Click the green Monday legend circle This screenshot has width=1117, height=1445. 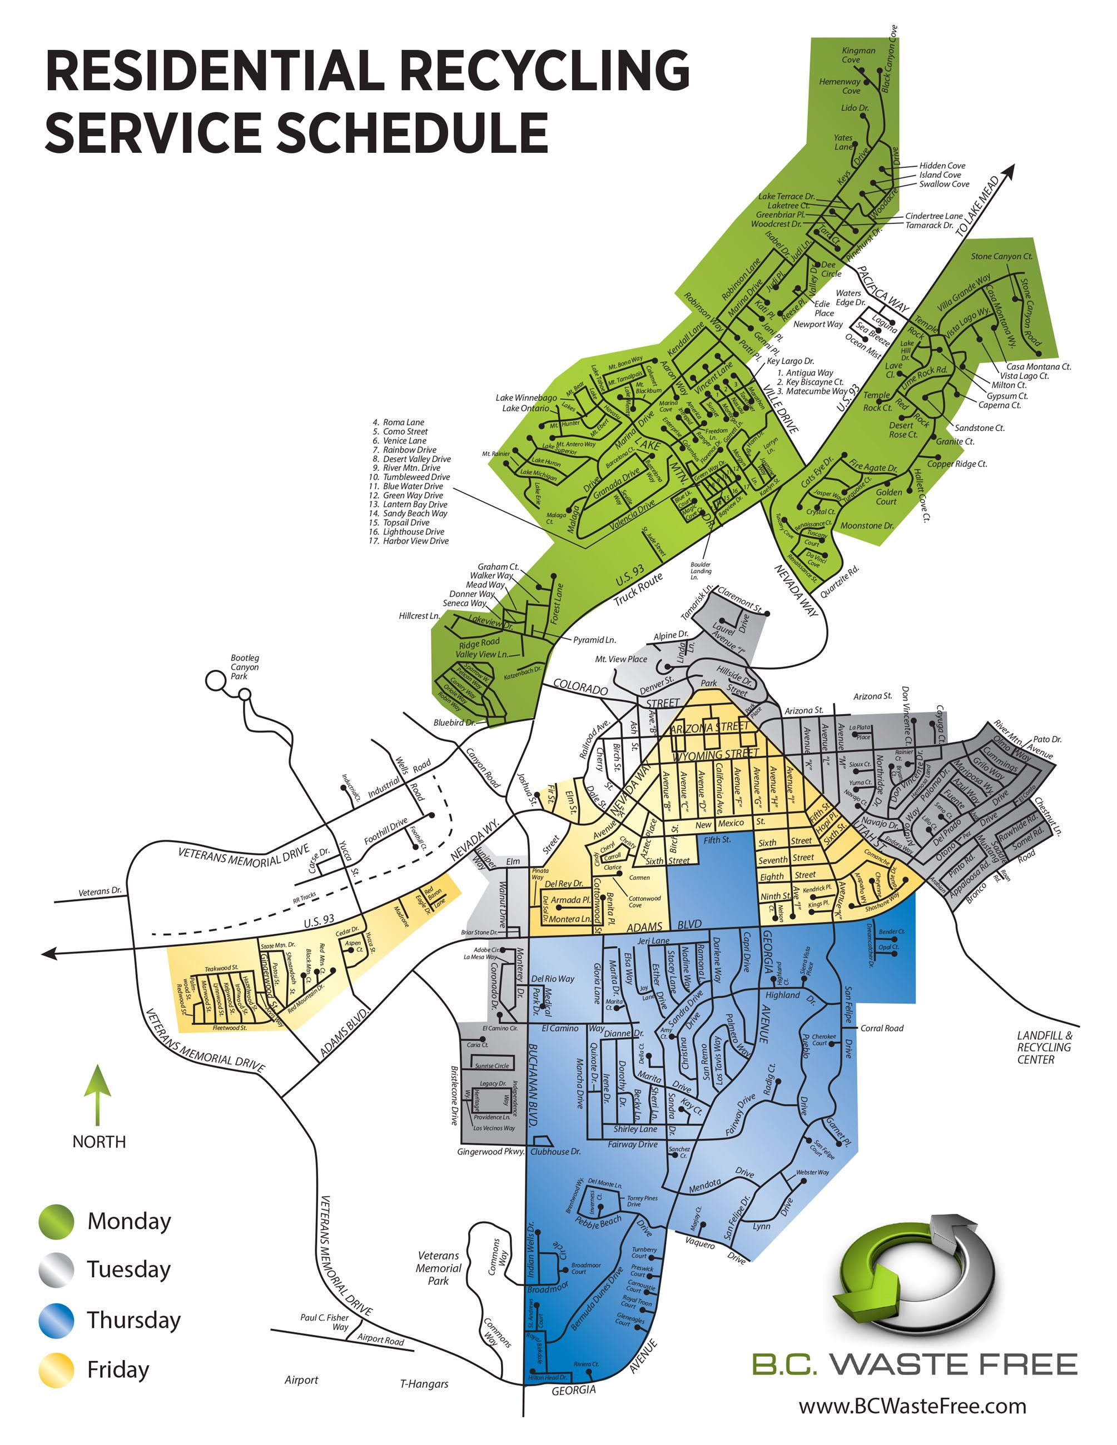pos(56,1220)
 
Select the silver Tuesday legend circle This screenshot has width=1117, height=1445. pos(56,1270)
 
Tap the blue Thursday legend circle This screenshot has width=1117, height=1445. pos(56,1320)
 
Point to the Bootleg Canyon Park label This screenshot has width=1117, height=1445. pos(244,667)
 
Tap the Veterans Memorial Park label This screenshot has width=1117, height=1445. pos(438,1268)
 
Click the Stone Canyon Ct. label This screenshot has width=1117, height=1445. pos(1001,256)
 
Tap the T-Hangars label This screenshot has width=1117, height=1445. pos(424,1383)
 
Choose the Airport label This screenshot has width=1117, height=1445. pos(301,1379)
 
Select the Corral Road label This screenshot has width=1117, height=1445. pos(881,1028)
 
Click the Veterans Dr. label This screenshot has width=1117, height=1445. pos(100,891)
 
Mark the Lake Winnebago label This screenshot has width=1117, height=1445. pos(526,397)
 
